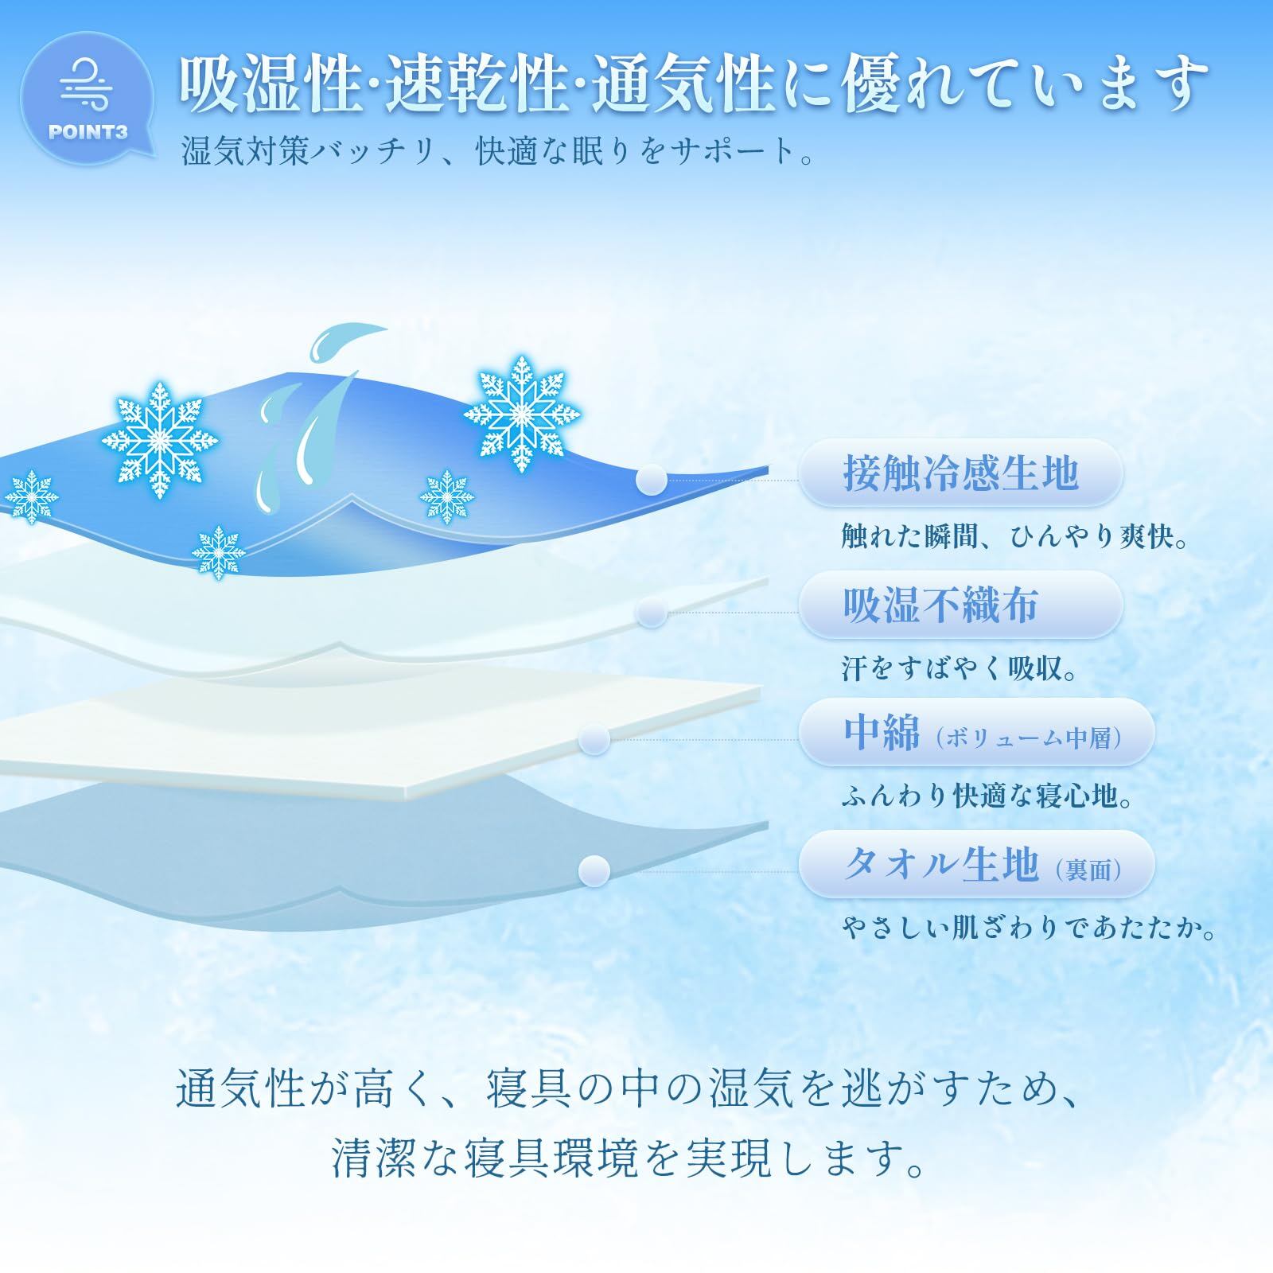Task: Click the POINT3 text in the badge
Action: pyautogui.click(x=88, y=131)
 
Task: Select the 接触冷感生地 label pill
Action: pyautogui.click(x=960, y=473)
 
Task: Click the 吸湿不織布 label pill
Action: pyautogui.click(x=960, y=605)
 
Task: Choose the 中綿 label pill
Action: pyautogui.click(x=976, y=732)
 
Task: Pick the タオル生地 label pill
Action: pyautogui.click(x=976, y=864)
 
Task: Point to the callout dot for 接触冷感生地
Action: pyautogui.click(x=652, y=479)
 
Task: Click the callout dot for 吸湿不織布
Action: pyautogui.click(x=652, y=612)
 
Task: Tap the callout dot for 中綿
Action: pyautogui.click(x=594, y=739)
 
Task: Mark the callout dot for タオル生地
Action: pyautogui.click(x=594, y=870)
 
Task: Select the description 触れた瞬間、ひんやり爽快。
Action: pyautogui.click(x=1016, y=538)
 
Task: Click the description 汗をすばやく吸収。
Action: pyautogui.click(x=960, y=669)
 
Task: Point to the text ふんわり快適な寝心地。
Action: pyautogui.click(x=987, y=796)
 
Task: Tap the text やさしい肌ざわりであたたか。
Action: pyautogui.click(x=1030, y=928)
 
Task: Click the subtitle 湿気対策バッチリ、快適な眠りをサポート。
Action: pyautogui.click(x=499, y=150)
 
